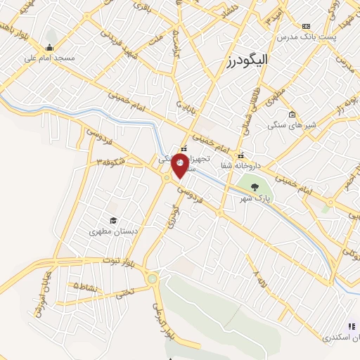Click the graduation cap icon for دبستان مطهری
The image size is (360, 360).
(110, 220)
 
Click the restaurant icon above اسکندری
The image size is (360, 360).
(352, 326)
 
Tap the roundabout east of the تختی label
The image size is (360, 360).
(152, 279)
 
